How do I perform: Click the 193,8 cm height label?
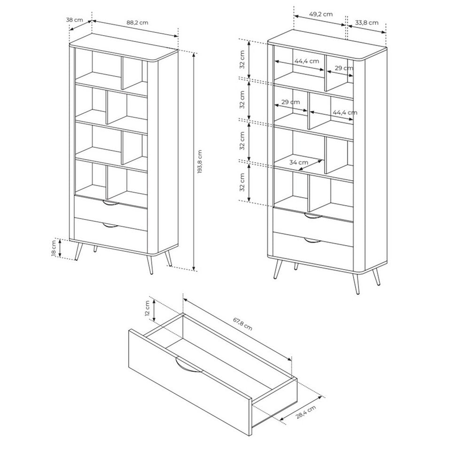click(200, 161)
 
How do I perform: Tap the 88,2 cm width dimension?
click(137, 23)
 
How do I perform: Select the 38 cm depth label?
click(75, 20)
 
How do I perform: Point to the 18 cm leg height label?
click(54, 249)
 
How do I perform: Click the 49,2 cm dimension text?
click(321, 14)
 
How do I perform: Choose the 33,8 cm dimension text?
click(366, 23)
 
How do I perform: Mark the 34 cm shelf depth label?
click(299, 162)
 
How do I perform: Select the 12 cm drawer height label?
click(147, 308)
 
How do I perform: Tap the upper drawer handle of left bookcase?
click(111, 203)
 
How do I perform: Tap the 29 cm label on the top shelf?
click(344, 68)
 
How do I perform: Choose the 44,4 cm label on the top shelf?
click(307, 61)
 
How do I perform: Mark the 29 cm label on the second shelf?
click(290, 102)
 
